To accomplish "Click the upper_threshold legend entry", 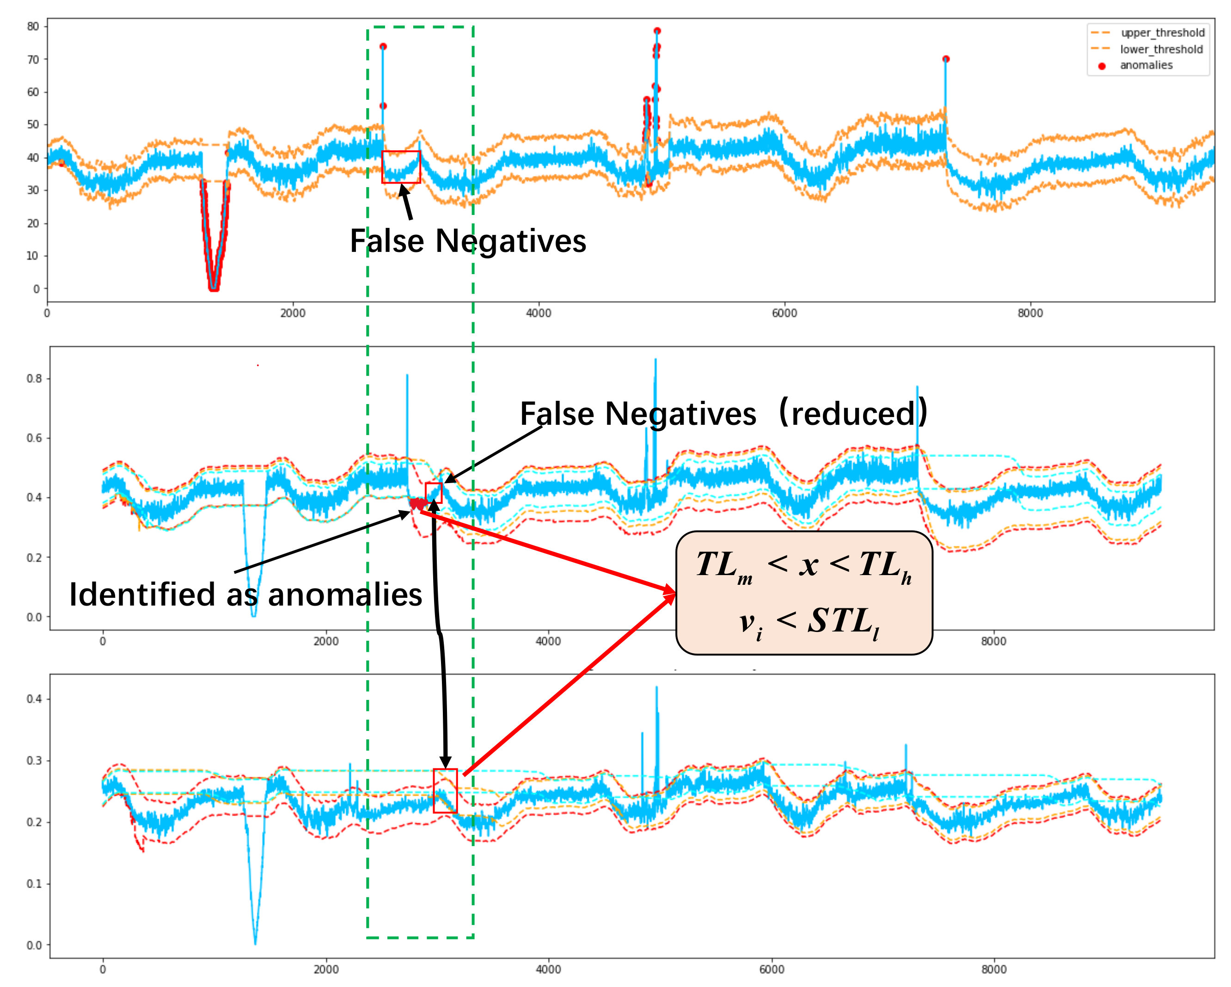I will tap(1162, 32).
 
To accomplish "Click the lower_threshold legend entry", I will tap(1161, 49).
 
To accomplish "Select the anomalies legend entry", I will tap(1145, 65).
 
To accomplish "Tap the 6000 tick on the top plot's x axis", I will tap(784, 313).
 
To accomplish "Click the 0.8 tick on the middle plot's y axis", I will tap(34, 379).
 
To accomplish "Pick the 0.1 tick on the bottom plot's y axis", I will tap(34, 883).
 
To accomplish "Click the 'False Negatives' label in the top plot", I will tap(468, 241).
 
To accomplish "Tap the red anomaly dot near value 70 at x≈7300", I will tap(946, 59).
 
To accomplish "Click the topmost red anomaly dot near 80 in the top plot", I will tap(657, 31).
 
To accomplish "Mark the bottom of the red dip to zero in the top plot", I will tap(214, 288).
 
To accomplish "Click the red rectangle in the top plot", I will tap(401, 167).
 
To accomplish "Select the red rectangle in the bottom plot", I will tap(445, 790).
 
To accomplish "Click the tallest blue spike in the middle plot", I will tap(655, 360).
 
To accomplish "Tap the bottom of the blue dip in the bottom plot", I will tap(255, 943).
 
